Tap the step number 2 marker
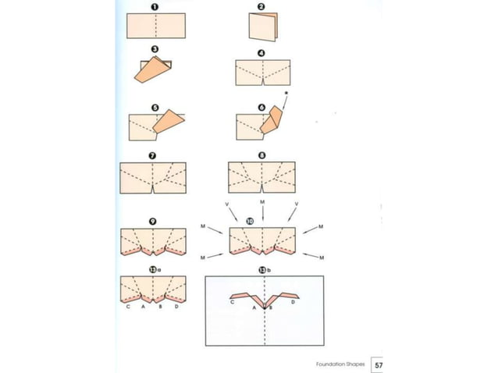tap(261, 7)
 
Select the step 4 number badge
tap(261, 54)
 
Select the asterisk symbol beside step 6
tap(288, 94)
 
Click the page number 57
tap(378, 364)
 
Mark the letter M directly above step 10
tap(262, 202)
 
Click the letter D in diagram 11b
tap(293, 302)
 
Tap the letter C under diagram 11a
tap(127, 307)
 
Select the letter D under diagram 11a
tap(177, 307)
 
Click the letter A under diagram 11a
tap(144, 307)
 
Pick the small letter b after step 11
tap(269, 269)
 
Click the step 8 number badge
tap(261, 156)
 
